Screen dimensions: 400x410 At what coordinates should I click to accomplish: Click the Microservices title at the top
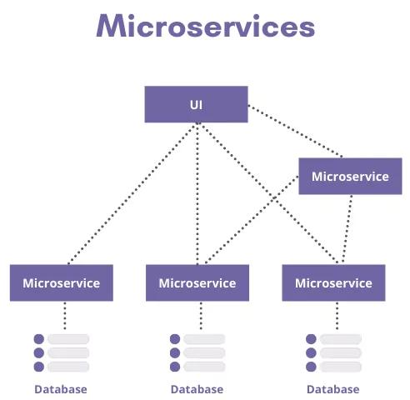click(205, 27)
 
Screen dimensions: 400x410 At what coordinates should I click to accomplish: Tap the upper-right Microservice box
click(350, 176)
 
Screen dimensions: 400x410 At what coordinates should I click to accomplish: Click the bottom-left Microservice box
click(61, 282)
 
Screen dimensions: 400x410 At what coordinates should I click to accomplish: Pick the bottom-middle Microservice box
click(197, 282)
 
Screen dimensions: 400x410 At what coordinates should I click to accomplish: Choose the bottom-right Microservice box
click(333, 282)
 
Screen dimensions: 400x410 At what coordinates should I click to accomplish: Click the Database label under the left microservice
click(60, 389)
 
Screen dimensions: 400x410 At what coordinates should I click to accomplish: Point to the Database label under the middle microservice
click(197, 389)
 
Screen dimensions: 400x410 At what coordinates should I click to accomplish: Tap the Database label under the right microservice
click(333, 389)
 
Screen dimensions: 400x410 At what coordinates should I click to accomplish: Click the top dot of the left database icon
click(38, 339)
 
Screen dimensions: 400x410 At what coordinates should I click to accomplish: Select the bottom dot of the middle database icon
click(175, 366)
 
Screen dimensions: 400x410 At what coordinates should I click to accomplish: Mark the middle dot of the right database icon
click(312, 352)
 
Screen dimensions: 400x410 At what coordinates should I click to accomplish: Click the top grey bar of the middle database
click(205, 339)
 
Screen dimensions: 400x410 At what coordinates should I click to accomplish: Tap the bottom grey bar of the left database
click(68, 366)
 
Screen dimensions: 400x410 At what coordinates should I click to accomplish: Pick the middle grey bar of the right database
click(342, 352)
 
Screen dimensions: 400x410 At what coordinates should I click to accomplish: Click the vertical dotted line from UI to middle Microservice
click(197, 192)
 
